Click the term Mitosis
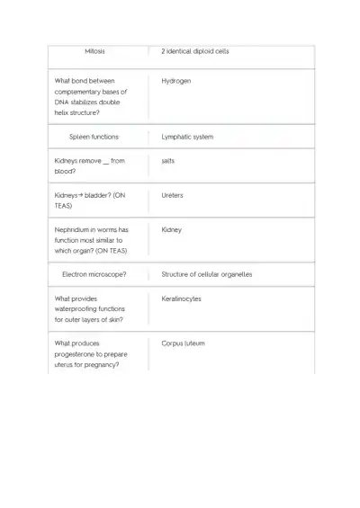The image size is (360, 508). click(94, 51)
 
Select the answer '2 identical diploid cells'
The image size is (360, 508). click(194, 51)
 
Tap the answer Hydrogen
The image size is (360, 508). click(175, 81)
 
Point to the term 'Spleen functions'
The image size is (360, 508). click(94, 137)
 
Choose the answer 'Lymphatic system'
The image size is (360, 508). click(187, 137)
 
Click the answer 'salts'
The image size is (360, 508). click(167, 160)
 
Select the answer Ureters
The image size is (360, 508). click(172, 194)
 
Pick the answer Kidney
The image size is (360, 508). click(171, 229)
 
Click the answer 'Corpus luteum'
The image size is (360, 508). click(183, 343)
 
